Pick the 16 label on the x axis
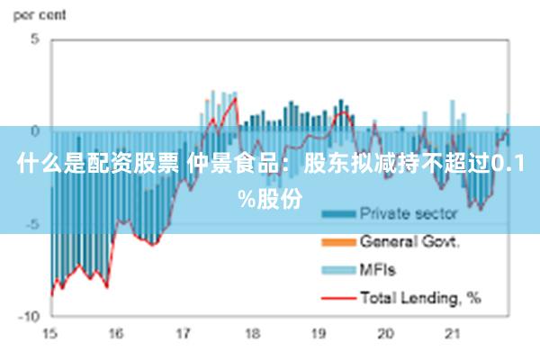click(116, 333)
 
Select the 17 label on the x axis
click(184, 333)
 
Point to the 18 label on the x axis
click(251, 333)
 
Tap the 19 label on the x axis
click(318, 333)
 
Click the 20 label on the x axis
click(385, 333)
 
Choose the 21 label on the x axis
click(452, 333)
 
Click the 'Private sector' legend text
click(409, 214)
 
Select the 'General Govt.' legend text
click(410, 241)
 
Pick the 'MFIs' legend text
click(378, 269)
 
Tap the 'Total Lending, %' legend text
click(420, 296)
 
